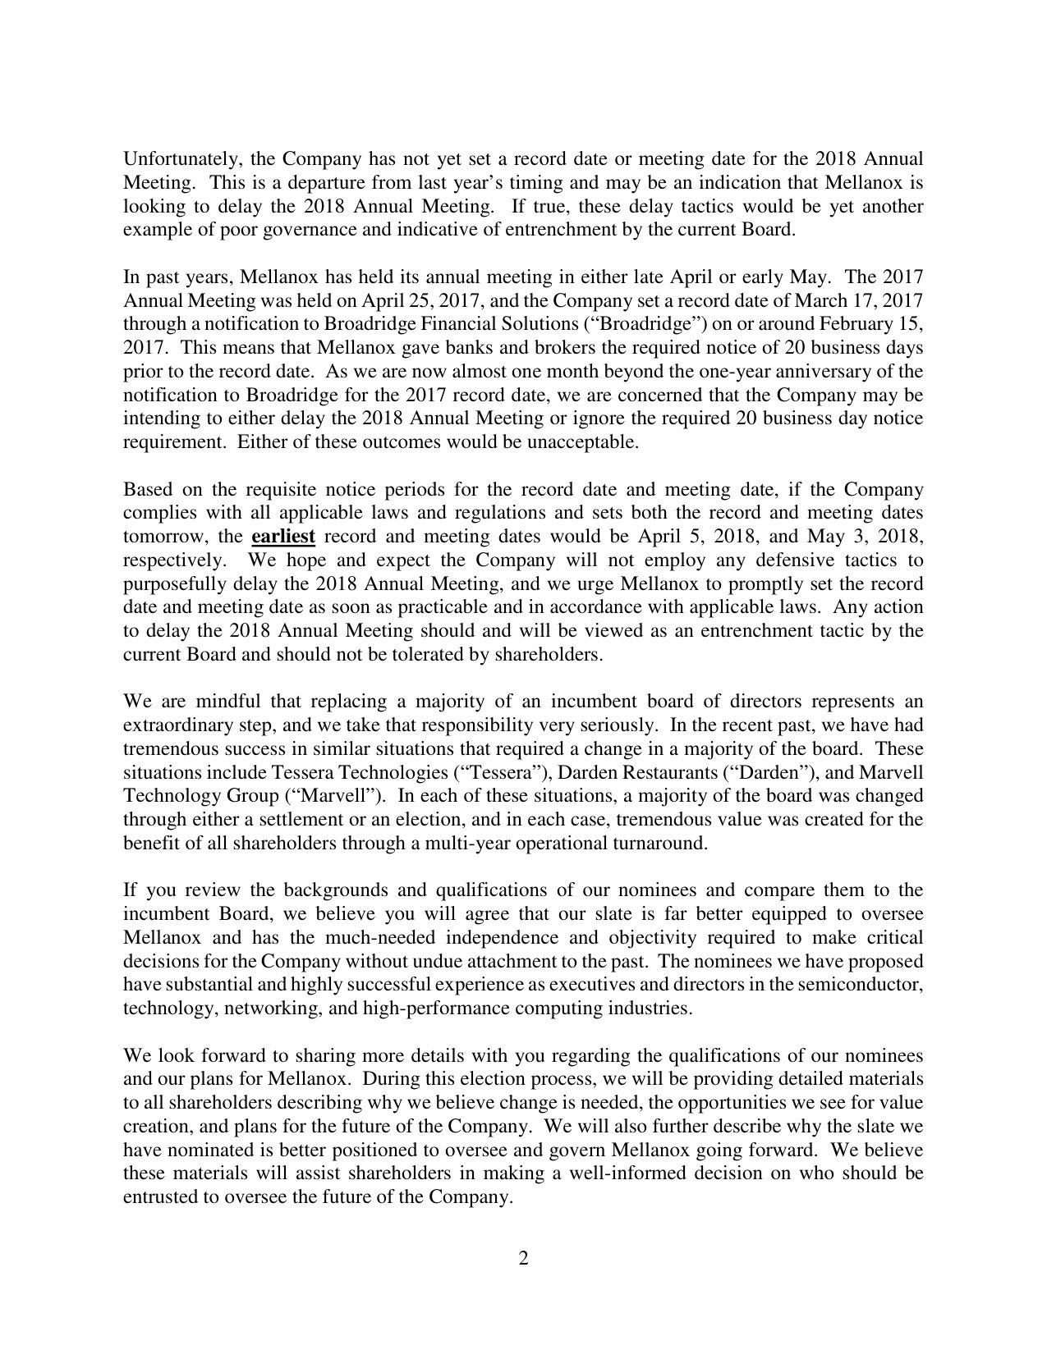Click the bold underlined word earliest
pos(282,537)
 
